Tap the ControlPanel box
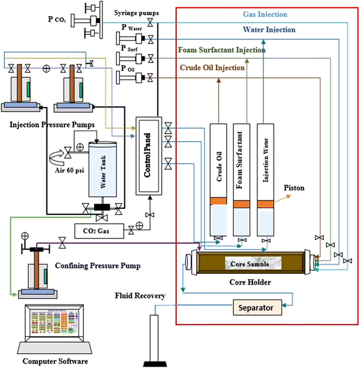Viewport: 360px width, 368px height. [147, 155]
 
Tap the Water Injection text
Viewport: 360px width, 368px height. [268, 28]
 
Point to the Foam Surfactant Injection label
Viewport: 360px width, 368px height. [221, 50]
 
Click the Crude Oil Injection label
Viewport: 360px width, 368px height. [212, 68]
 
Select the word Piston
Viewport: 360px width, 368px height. [295, 188]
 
